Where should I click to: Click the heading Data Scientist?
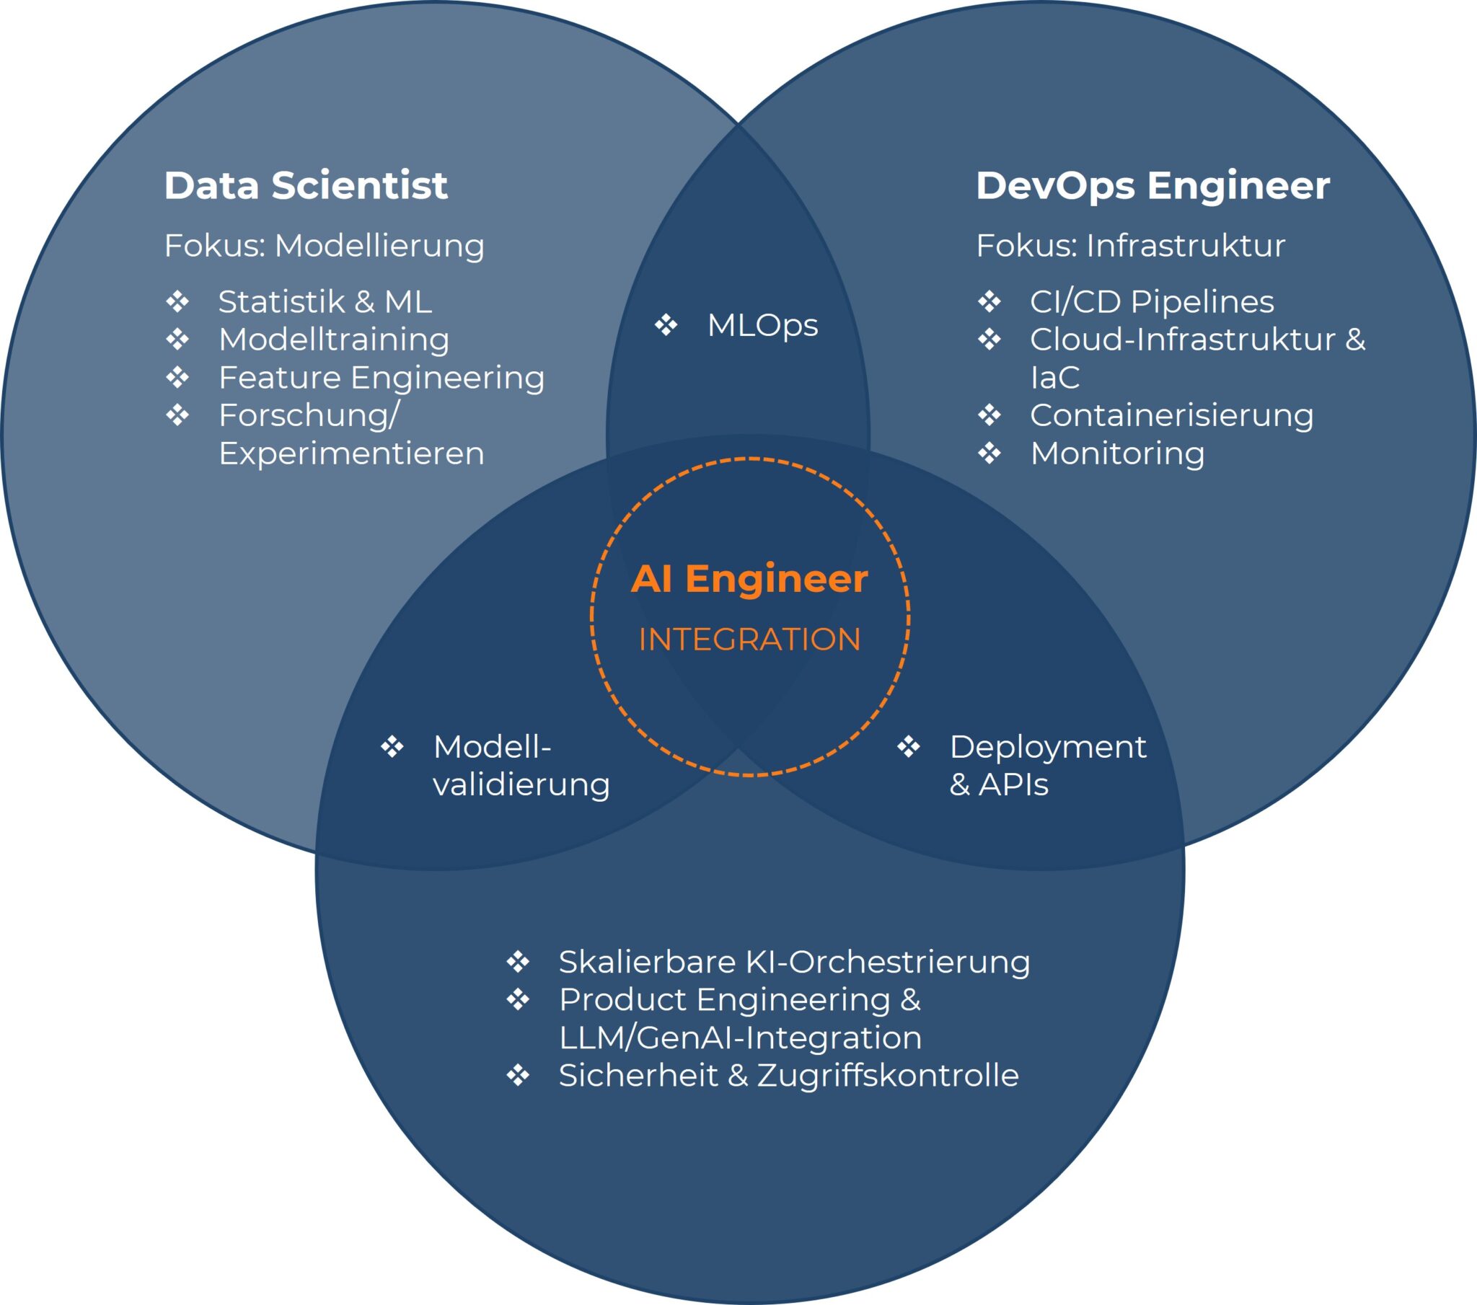tap(306, 186)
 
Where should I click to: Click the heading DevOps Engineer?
tap(1152, 186)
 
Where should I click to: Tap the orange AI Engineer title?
tap(749, 579)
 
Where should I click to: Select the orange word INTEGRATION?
tap(749, 640)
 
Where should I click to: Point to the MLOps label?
tap(762, 325)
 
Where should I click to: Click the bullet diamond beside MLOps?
tap(666, 324)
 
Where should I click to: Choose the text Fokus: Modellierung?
tap(324, 246)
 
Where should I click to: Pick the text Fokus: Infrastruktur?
tap(1130, 246)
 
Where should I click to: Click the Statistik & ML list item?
tap(325, 301)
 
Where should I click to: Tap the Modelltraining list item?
tap(334, 340)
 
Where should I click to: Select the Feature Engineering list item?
tap(382, 377)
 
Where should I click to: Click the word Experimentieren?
tap(351, 453)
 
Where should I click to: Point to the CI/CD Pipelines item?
tap(1152, 301)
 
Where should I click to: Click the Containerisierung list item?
tap(1171, 415)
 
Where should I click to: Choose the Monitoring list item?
tap(1117, 453)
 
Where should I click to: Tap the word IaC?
tap(1054, 377)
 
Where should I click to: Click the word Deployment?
tap(1048, 746)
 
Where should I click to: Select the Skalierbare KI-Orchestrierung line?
tap(794, 962)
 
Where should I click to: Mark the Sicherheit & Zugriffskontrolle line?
tap(788, 1075)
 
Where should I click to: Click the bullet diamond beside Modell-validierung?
tap(392, 746)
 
